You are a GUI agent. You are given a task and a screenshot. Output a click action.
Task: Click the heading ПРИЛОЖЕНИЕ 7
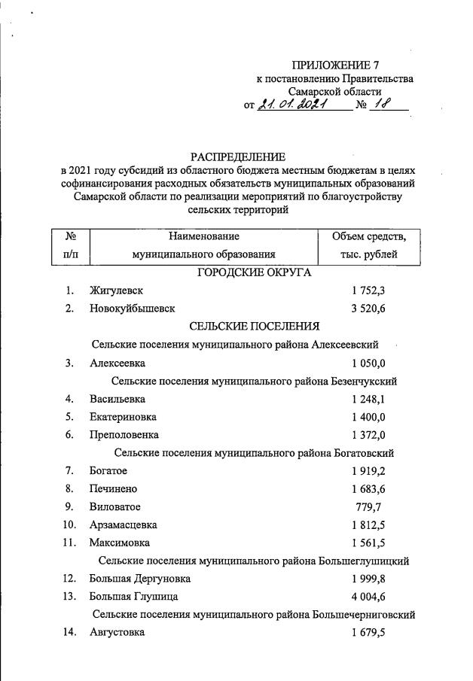[x=334, y=65]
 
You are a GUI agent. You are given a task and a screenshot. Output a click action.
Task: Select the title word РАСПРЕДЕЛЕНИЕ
[x=238, y=157]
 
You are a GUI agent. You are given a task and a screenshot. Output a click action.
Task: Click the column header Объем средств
[x=369, y=237]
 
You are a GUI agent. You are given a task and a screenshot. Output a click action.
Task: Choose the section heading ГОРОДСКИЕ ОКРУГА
[x=254, y=272]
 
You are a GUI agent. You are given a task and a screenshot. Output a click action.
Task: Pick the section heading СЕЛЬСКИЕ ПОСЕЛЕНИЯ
[x=254, y=326]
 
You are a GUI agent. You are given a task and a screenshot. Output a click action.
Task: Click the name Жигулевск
[x=115, y=290]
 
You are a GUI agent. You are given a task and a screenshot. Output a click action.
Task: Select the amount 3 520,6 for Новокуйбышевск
[x=368, y=309]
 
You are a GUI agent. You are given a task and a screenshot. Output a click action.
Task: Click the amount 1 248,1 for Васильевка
[x=368, y=399]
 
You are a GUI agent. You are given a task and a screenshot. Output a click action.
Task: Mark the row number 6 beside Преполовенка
[x=69, y=435]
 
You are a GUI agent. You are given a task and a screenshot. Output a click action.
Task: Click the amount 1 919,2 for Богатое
[x=368, y=471]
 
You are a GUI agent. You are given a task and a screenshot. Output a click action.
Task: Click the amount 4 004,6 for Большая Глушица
[x=368, y=597]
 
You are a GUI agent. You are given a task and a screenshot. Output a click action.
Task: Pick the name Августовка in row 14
[x=117, y=633]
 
